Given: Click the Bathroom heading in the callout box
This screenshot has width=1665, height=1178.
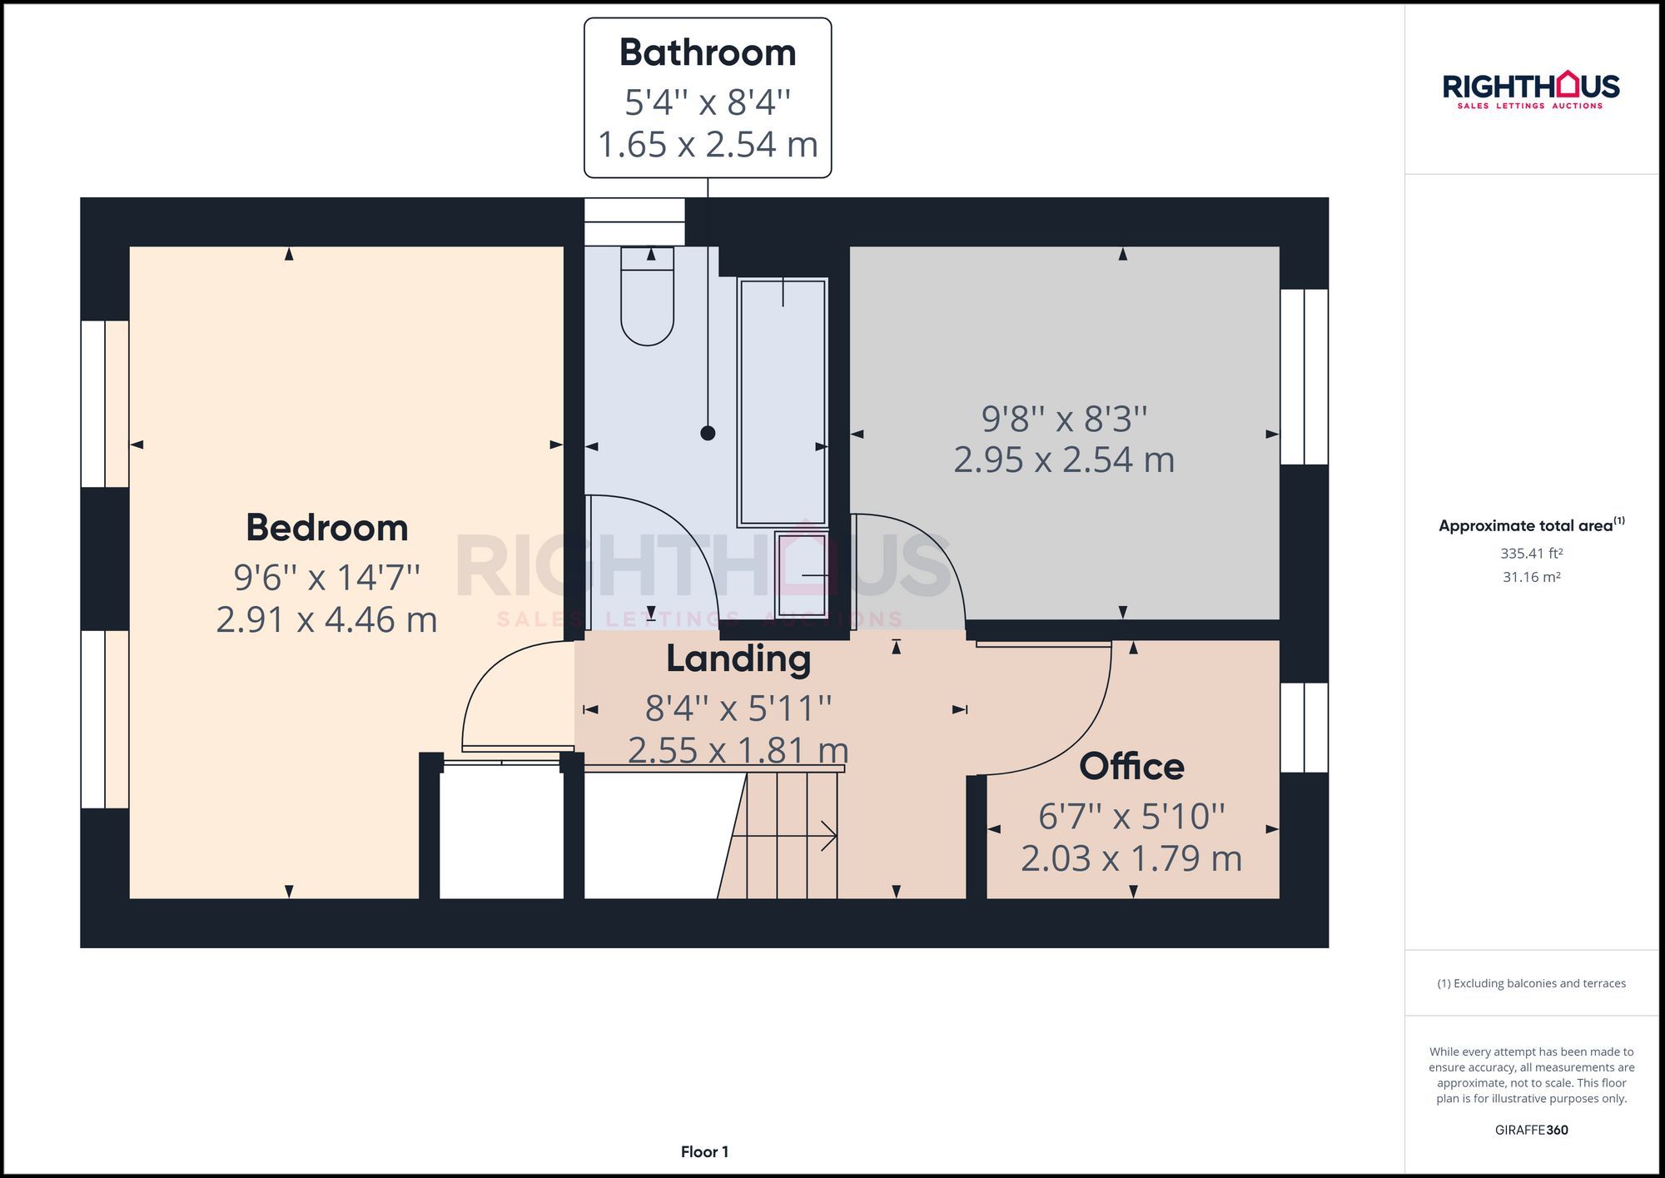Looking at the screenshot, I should [x=708, y=52].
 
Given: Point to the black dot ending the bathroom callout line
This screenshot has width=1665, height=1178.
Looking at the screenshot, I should [x=708, y=433].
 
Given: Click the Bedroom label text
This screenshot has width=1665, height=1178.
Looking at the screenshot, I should [x=327, y=527].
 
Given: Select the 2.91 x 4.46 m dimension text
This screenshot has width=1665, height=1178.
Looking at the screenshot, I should [x=326, y=619].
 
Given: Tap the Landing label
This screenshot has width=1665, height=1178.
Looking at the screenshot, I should [x=738, y=659].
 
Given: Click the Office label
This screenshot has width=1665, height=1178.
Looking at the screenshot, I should [x=1131, y=766].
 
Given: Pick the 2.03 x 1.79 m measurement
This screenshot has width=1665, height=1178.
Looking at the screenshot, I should [x=1131, y=858].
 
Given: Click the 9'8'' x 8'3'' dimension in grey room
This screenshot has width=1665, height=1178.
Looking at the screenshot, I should [x=1064, y=419].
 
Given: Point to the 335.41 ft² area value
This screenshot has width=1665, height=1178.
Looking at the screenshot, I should [x=1531, y=553].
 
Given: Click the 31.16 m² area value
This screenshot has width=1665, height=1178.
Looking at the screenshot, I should [x=1531, y=577].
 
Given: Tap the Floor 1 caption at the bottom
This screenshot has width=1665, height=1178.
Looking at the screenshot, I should [x=704, y=1151].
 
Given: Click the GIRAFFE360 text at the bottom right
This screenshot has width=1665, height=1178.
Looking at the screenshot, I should [x=1531, y=1130].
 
